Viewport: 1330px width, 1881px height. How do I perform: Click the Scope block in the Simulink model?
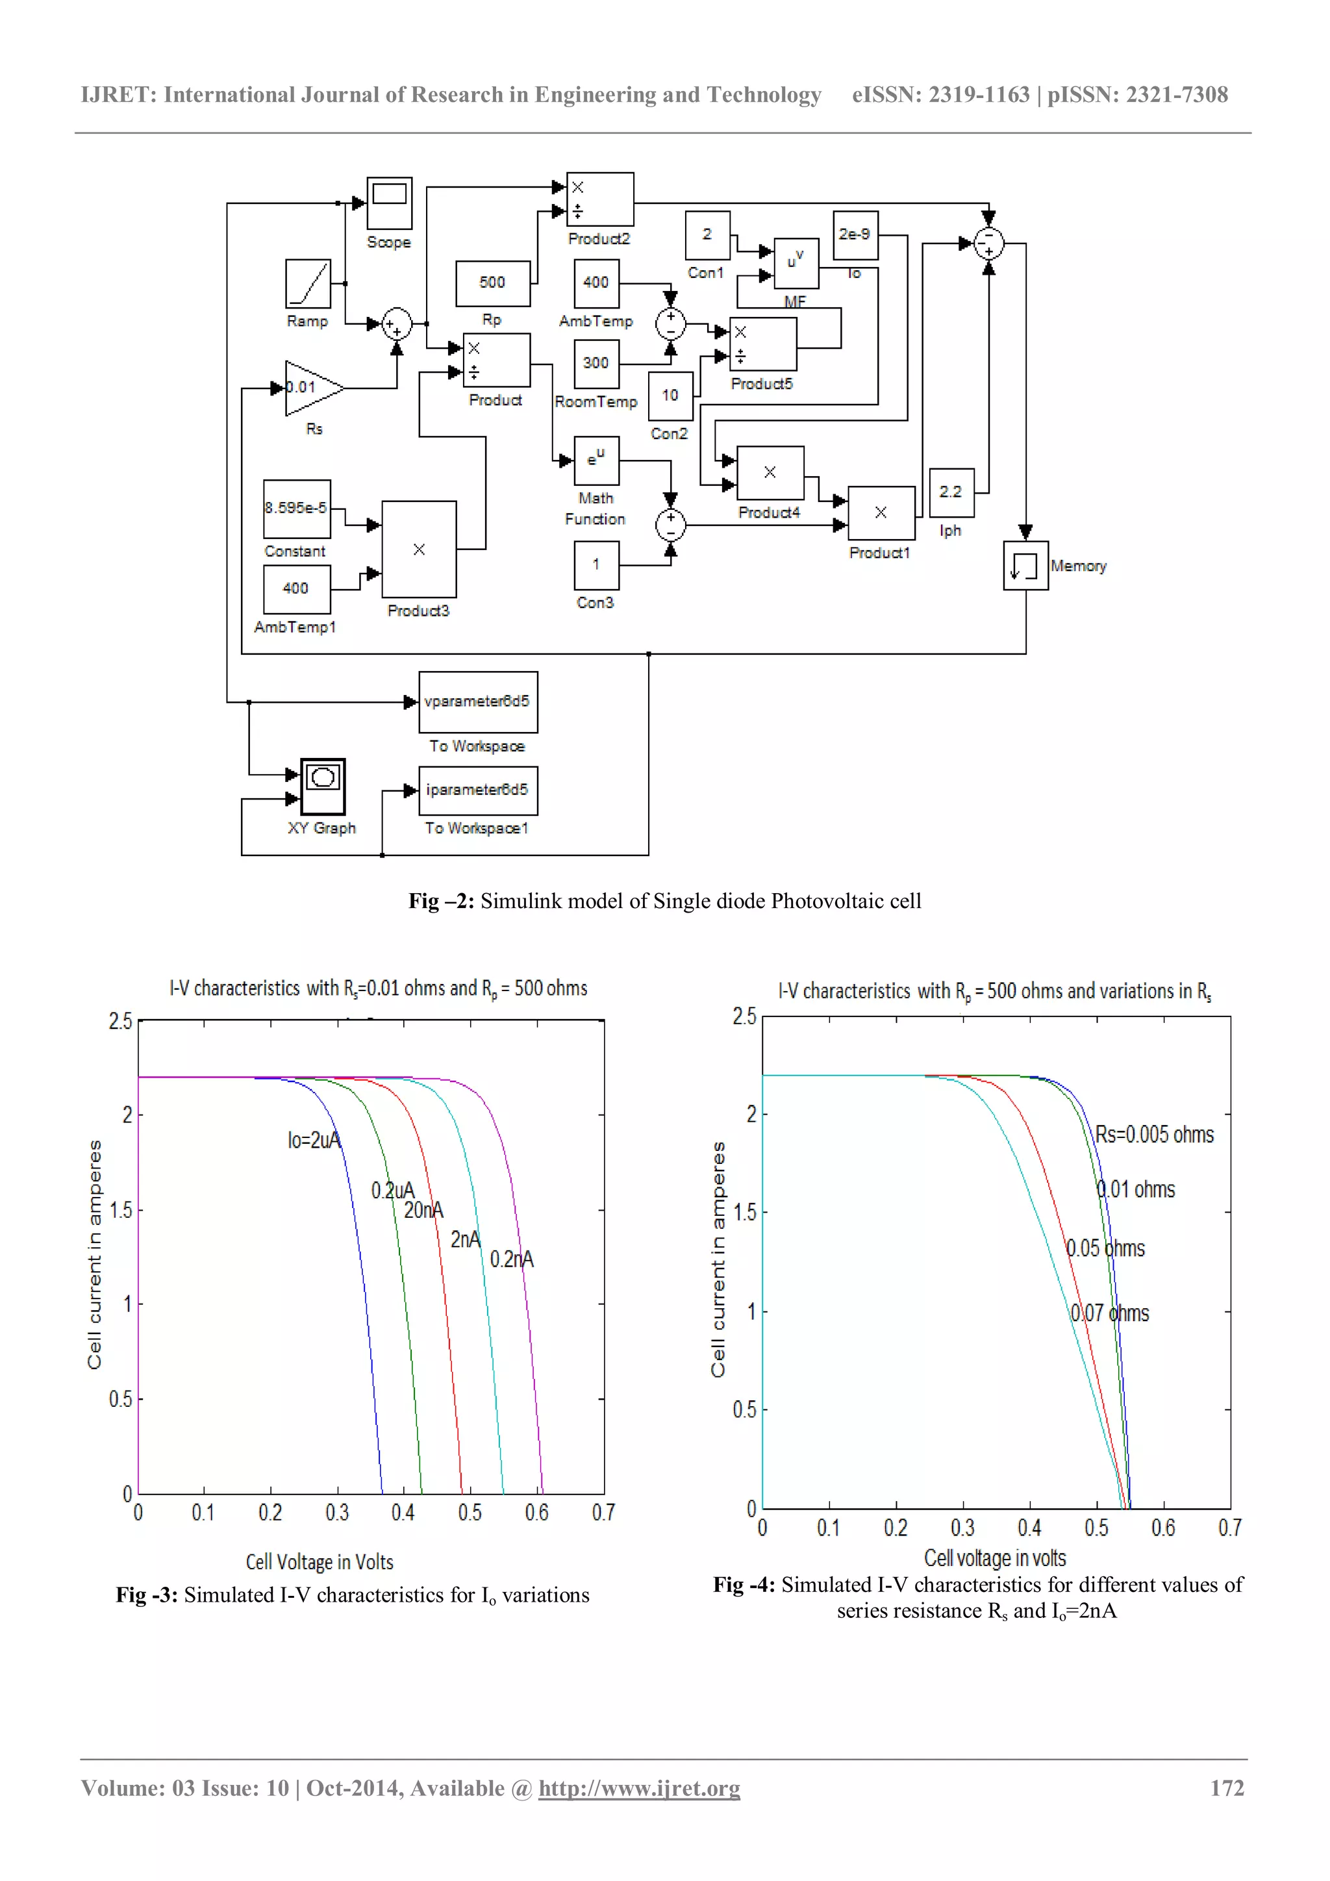(x=389, y=203)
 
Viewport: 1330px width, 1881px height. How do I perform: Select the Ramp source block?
(x=308, y=283)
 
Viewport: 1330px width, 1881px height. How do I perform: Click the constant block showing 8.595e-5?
(x=297, y=508)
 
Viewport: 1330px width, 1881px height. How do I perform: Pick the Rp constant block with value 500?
(x=492, y=283)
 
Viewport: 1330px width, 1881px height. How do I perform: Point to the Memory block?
(x=1025, y=565)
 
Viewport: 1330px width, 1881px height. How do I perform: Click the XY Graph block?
(x=323, y=787)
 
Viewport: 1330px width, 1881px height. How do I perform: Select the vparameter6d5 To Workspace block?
(x=478, y=702)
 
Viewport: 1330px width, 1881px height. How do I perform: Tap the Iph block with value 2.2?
(x=951, y=492)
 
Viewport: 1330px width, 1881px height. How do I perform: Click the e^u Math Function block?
(x=596, y=461)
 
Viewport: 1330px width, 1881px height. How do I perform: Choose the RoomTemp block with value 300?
(x=596, y=363)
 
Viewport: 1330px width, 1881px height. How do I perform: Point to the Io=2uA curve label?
(x=314, y=1141)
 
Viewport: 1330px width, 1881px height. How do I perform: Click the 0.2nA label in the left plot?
(x=511, y=1259)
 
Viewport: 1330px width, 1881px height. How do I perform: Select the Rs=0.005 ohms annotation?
(x=1154, y=1135)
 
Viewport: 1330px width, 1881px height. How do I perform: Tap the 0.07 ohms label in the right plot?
(x=1110, y=1313)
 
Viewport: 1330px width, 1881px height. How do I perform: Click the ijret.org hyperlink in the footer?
(x=639, y=1788)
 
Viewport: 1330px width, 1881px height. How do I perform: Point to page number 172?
(x=1226, y=1788)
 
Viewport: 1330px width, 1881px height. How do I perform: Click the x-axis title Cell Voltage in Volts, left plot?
(x=320, y=1562)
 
